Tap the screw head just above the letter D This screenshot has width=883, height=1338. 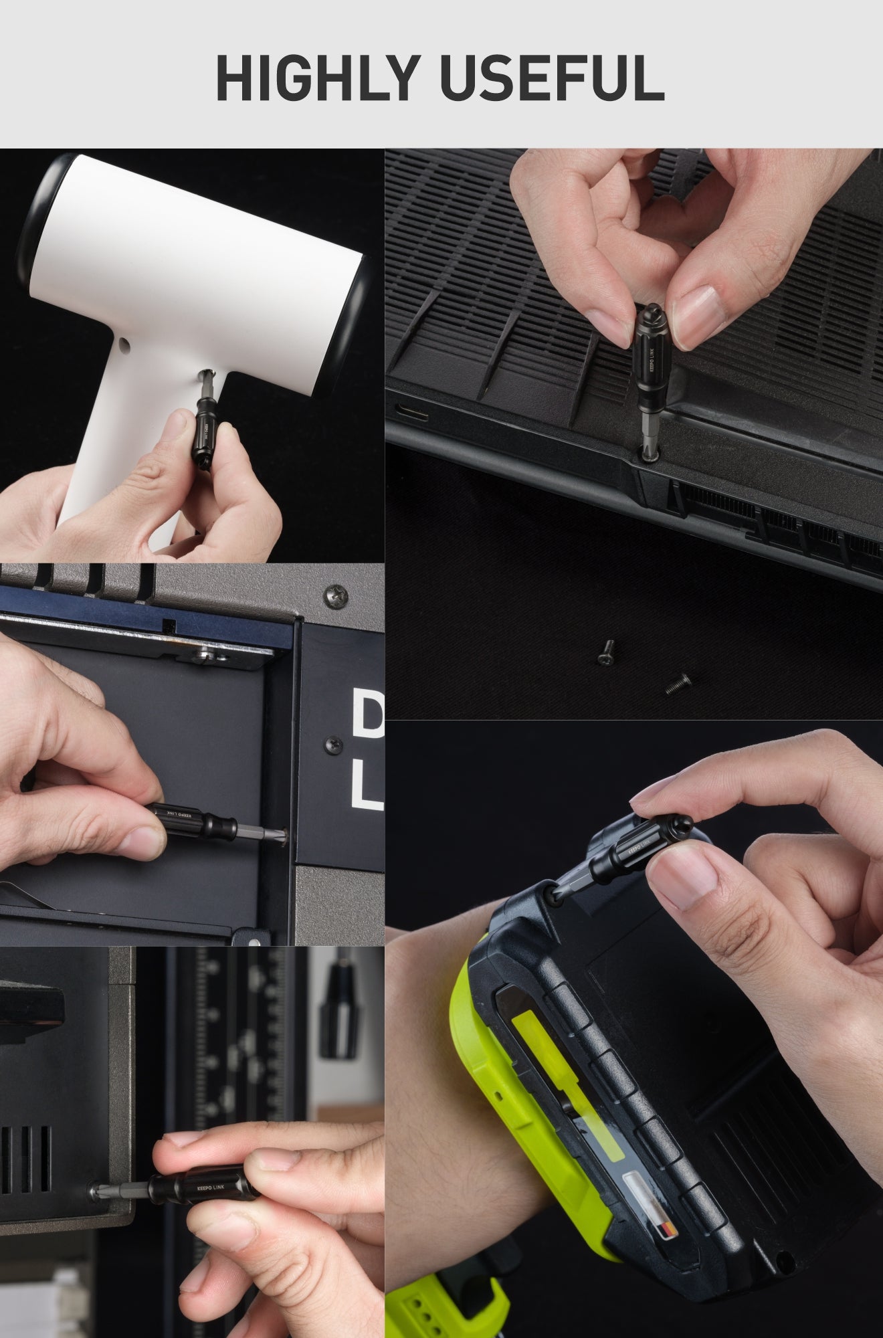332,743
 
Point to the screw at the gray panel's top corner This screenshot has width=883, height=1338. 335,594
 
